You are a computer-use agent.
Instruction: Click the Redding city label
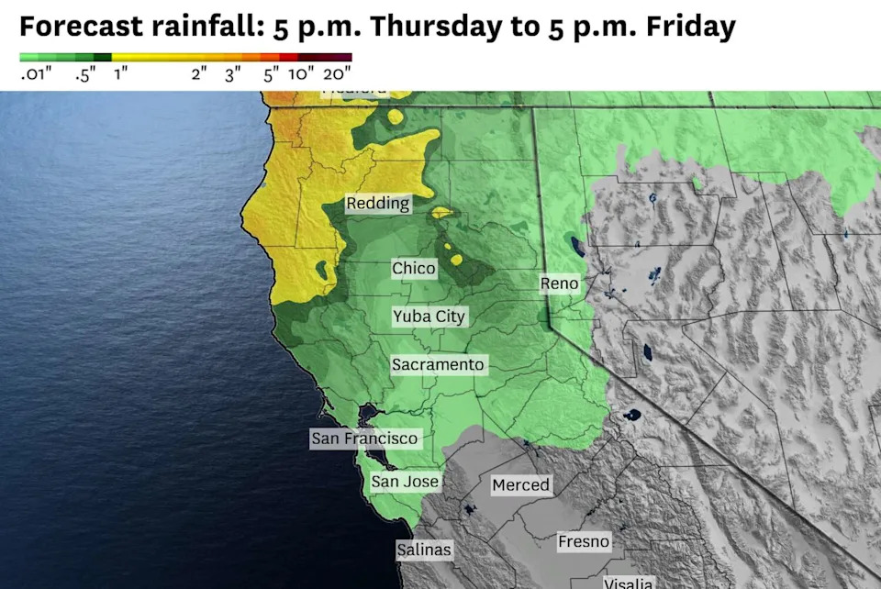click(x=378, y=204)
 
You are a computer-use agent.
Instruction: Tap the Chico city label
click(x=414, y=269)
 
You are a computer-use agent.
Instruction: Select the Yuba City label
click(x=429, y=317)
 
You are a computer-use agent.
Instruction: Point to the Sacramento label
click(x=438, y=364)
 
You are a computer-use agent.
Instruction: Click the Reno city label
click(x=559, y=283)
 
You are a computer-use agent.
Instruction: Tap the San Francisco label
click(x=364, y=439)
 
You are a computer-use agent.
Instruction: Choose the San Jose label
click(x=405, y=481)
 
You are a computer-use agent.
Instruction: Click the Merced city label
click(x=520, y=484)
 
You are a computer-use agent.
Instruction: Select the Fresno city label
click(x=584, y=542)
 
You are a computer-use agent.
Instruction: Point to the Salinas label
click(x=424, y=550)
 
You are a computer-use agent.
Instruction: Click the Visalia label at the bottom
click(x=629, y=583)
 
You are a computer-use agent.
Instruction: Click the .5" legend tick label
click(x=87, y=75)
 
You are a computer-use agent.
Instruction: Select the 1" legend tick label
click(x=121, y=75)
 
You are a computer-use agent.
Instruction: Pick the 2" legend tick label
click(x=199, y=75)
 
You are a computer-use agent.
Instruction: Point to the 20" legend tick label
click(x=337, y=75)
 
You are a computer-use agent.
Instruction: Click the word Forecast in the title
click(x=76, y=28)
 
